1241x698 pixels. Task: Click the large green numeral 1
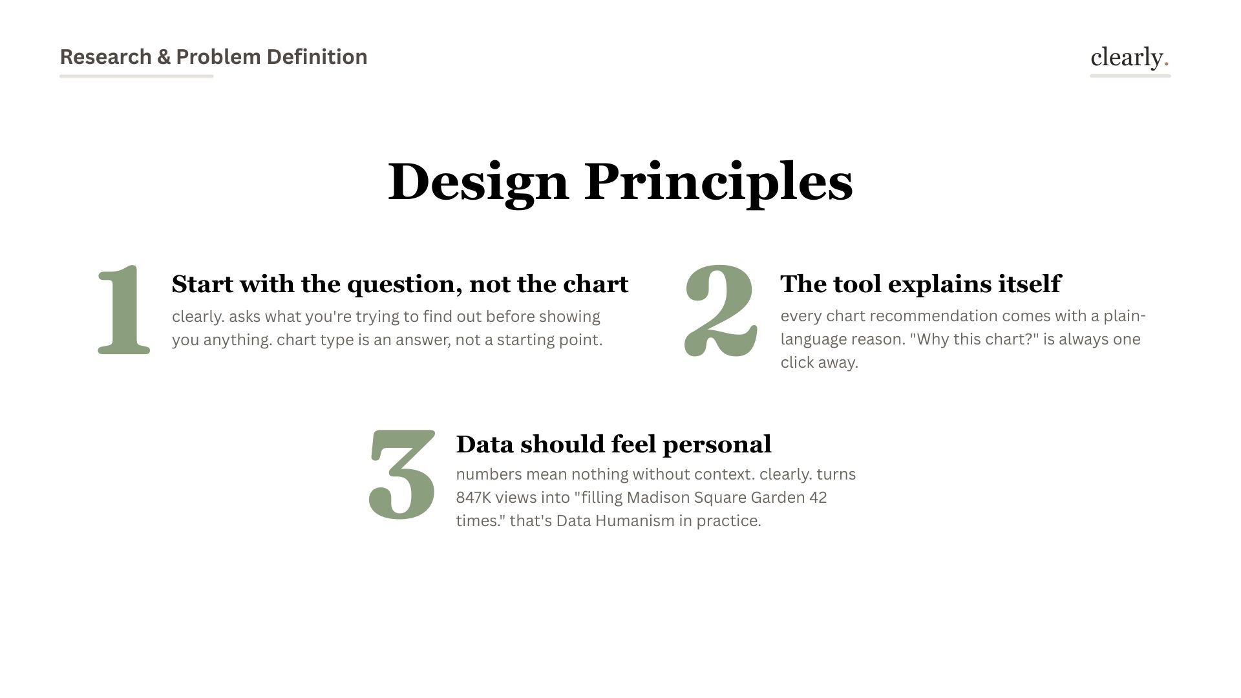(124, 310)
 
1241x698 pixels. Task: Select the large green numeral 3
(402, 474)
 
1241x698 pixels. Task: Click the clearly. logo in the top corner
(1129, 58)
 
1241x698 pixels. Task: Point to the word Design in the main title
(478, 182)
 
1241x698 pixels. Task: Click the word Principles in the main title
(718, 182)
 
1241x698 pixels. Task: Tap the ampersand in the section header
(164, 57)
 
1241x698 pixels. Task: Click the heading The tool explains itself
(920, 284)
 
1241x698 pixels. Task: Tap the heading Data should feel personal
(613, 444)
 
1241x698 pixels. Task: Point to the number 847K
(474, 498)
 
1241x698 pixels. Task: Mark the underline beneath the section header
(136, 76)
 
